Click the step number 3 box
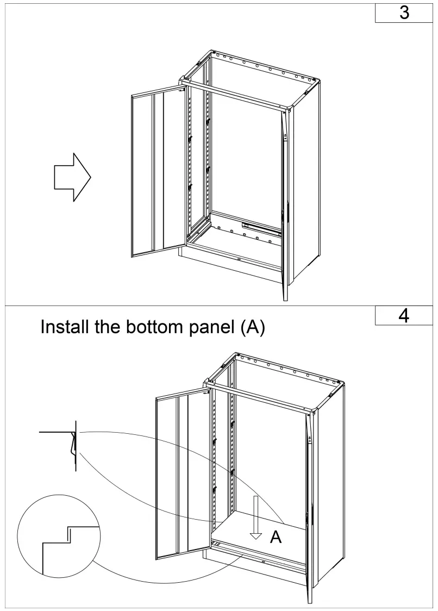pos(404,13)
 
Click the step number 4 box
pos(404,316)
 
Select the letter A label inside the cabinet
pos(276,537)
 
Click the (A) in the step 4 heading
pos(252,328)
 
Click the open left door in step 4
pos(182,477)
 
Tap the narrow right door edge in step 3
pos(285,207)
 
